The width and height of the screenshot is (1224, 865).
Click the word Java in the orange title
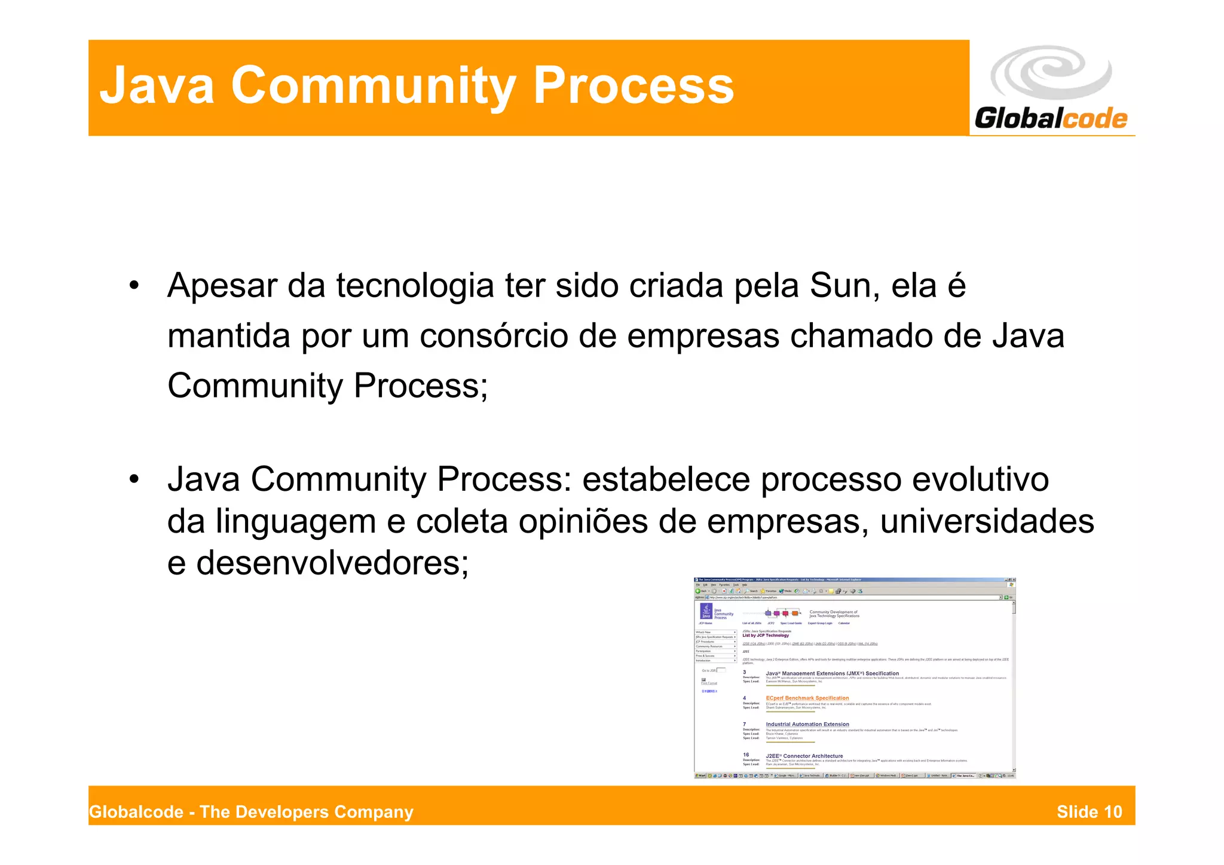157,85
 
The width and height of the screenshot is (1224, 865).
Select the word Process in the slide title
633,85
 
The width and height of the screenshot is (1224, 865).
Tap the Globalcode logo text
1051,118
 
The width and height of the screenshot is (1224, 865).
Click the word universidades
987,521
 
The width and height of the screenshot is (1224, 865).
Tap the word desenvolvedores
332,563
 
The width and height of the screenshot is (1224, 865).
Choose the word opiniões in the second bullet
583,521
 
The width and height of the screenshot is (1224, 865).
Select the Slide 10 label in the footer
1089,812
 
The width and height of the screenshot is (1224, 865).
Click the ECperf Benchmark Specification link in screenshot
807,698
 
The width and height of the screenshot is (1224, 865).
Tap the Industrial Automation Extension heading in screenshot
807,724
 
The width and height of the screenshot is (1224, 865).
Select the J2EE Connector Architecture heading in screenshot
804,756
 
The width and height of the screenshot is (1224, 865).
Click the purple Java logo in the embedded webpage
706,612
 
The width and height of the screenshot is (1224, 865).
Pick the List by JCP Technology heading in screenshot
766,635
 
